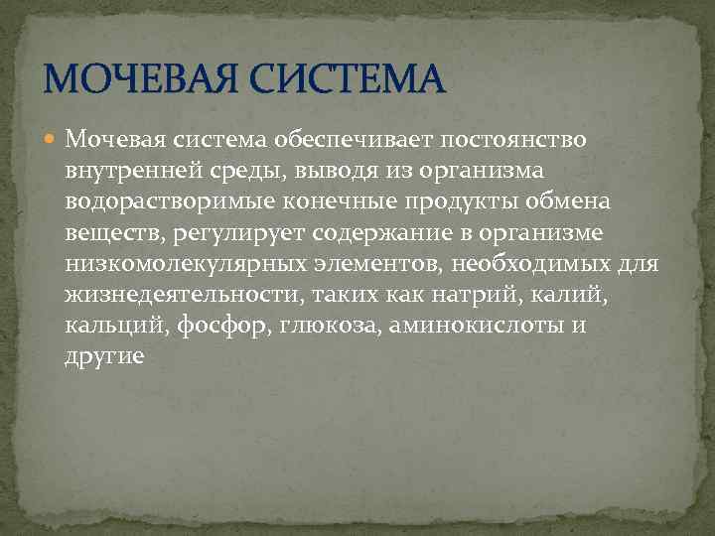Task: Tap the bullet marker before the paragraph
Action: tap(52, 140)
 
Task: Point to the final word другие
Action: tap(105, 356)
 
